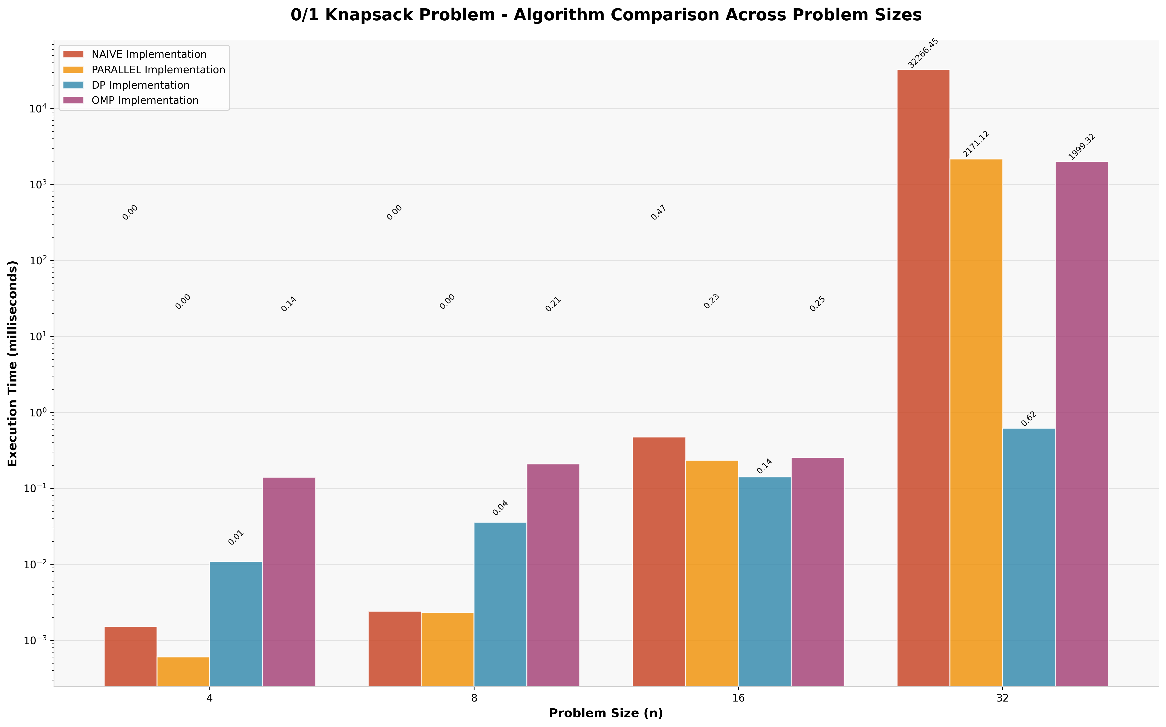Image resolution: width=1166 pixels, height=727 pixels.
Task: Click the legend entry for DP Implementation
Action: [x=140, y=85]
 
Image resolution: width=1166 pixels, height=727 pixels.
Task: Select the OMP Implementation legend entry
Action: [x=145, y=100]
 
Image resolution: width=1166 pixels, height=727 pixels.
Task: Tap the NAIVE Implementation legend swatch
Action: [x=73, y=54]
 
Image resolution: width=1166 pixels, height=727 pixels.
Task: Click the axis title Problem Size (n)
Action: [x=606, y=713]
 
